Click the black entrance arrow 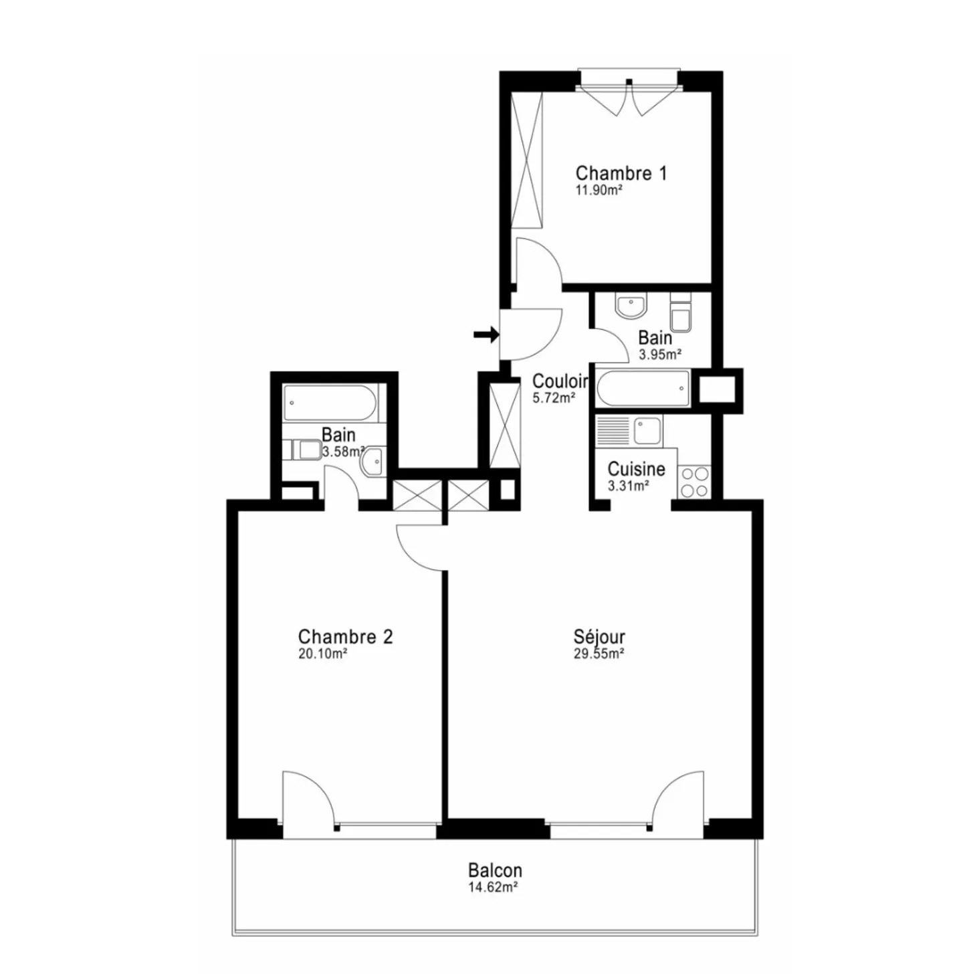coord(486,334)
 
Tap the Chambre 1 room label coord(621,173)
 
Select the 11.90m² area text coord(599,190)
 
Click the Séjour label coord(599,637)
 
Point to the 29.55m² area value coord(599,654)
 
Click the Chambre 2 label coord(345,636)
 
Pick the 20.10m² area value coord(322,654)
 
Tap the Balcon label coord(495,870)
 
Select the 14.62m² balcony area coord(494,887)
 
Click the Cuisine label coord(636,469)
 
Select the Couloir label coord(560,381)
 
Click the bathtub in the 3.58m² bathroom coord(330,403)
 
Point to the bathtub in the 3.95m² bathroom coord(643,389)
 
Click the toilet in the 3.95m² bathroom coord(681,315)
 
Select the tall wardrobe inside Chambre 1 coord(526,161)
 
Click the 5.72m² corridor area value coord(554,399)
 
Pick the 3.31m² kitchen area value coord(628,486)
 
